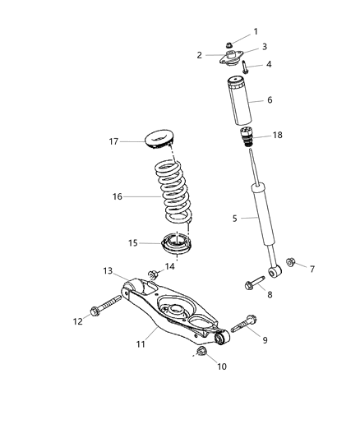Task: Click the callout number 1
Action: pyautogui.click(x=254, y=31)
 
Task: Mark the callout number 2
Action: pyautogui.click(x=199, y=56)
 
